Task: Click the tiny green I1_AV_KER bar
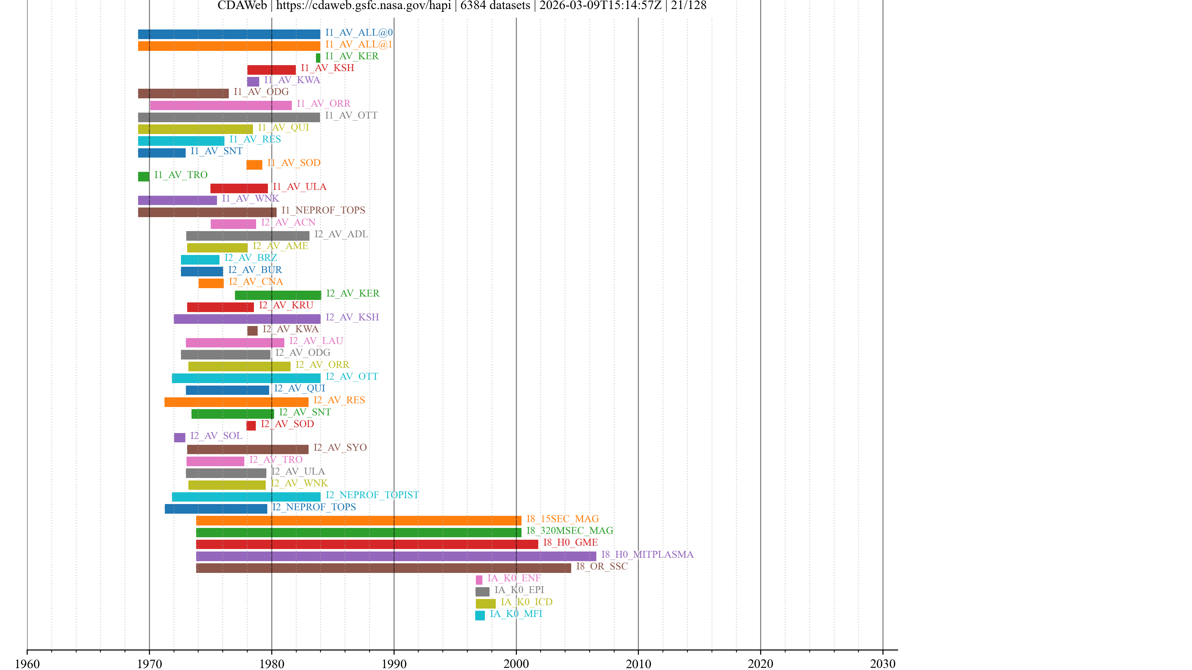(x=318, y=58)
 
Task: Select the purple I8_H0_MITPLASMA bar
(x=396, y=556)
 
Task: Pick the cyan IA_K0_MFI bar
(x=480, y=615)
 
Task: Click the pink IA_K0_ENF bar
(x=479, y=579)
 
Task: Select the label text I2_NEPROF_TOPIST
(x=372, y=495)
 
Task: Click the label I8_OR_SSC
(x=602, y=566)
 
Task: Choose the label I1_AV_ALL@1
(x=359, y=44)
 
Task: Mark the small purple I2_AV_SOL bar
(x=179, y=437)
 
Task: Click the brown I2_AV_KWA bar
(x=252, y=331)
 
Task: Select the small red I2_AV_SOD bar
(x=251, y=425)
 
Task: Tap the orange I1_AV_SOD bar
(x=254, y=165)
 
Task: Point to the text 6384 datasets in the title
(x=495, y=6)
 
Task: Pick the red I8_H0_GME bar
(x=367, y=544)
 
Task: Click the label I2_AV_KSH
(x=352, y=317)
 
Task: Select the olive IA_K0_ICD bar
(x=485, y=603)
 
